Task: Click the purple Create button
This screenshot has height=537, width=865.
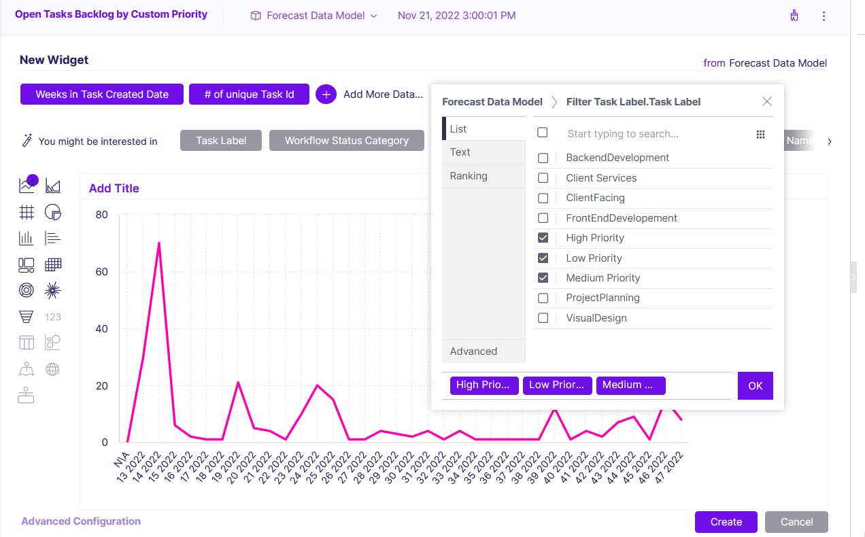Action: click(x=726, y=522)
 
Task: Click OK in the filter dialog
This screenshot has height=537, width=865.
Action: click(x=755, y=385)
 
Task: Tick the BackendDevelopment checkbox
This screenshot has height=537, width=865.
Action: click(x=543, y=158)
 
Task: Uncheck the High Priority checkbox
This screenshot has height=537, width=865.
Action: click(x=543, y=238)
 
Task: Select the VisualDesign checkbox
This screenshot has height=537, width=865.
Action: click(x=543, y=318)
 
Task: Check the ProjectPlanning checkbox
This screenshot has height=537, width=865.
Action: click(x=543, y=298)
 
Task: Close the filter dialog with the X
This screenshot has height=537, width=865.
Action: click(x=766, y=101)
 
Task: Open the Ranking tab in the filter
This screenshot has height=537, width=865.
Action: click(x=469, y=176)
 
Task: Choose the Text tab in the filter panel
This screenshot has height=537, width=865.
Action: click(x=460, y=152)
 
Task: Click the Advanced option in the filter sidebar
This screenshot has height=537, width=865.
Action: click(x=473, y=351)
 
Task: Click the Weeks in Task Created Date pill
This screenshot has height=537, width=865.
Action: click(x=102, y=94)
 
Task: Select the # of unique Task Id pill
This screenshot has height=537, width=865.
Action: click(x=250, y=94)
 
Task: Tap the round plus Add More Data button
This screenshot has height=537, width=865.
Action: click(x=326, y=94)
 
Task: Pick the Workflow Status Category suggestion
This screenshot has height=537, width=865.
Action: click(x=346, y=141)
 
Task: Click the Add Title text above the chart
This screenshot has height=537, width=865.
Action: click(x=114, y=188)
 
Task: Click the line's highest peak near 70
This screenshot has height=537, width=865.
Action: click(x=158, y=243)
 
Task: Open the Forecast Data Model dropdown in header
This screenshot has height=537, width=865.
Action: click(x=314, y=16)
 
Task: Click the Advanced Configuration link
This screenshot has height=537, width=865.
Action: click(x=81, y=521)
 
